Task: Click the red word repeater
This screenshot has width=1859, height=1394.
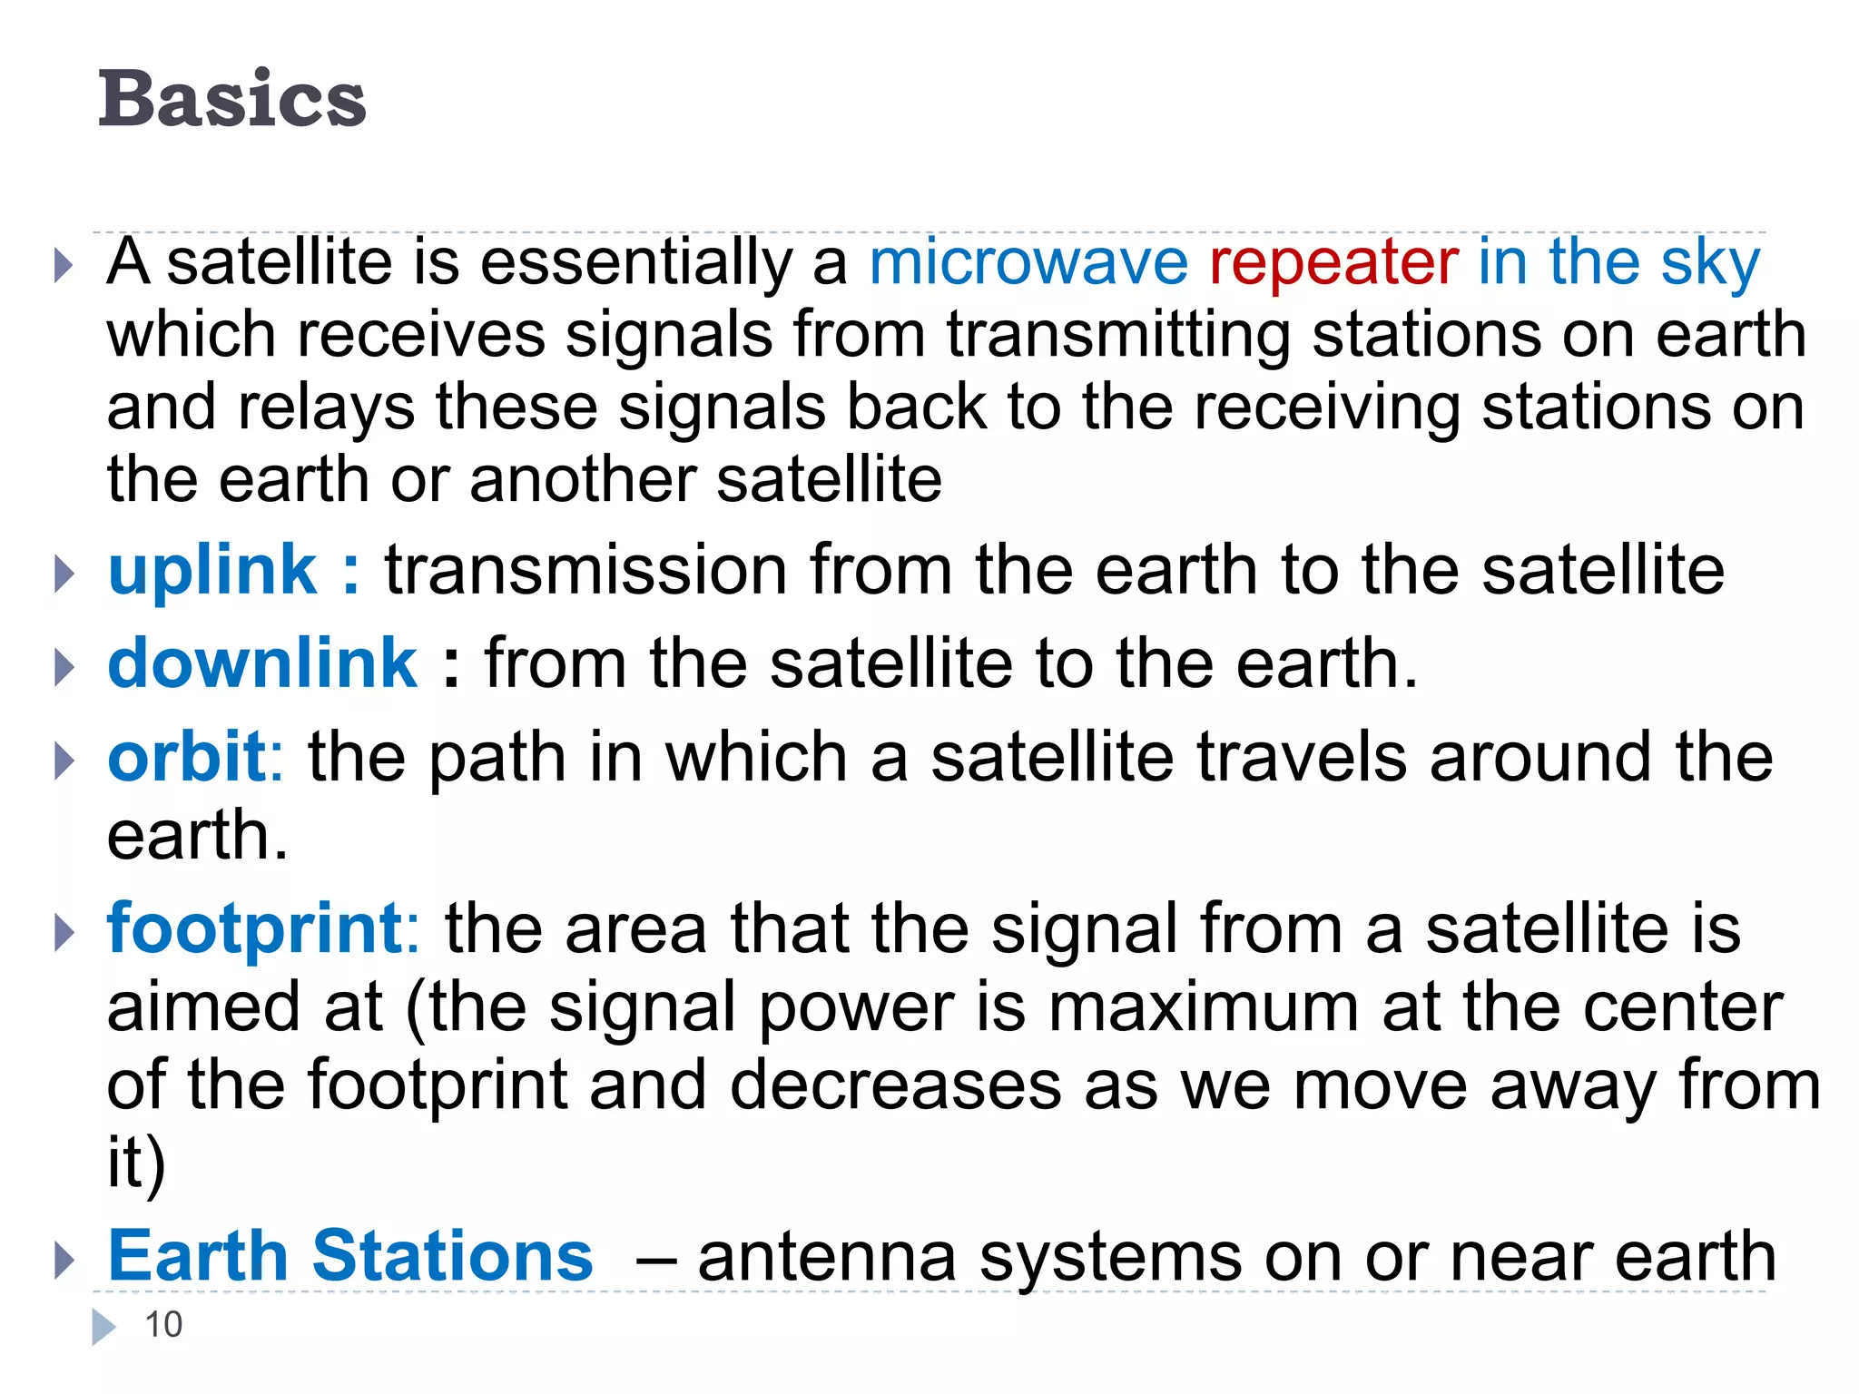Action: click(1333, 263)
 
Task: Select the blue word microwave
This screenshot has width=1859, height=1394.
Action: click(1028, 263)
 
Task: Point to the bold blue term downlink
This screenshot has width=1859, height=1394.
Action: click(262, 663)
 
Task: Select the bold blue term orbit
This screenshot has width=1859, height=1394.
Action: click(186, 756)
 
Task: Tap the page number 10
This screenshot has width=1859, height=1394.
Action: click(163, 1325)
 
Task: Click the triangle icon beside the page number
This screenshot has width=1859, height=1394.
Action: click(103, 1327)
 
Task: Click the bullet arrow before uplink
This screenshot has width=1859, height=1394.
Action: click(63, 574)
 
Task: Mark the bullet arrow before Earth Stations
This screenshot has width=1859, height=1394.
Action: click(63, 1260)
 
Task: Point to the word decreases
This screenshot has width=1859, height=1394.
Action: click(895, 1085)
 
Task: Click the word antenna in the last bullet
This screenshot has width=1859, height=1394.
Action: click(827, 1258)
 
